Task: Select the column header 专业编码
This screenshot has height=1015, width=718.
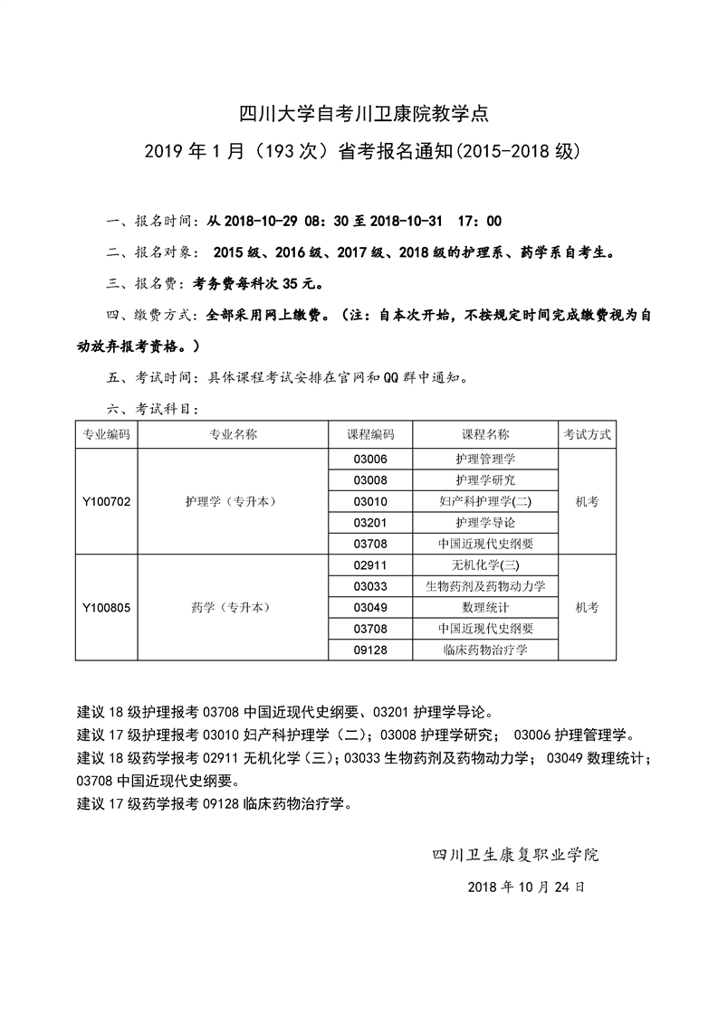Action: (106, 434)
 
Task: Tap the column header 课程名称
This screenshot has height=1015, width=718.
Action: (485, 434)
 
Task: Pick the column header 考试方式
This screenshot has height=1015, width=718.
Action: (587, 434)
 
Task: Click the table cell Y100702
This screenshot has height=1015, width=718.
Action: (106, 501)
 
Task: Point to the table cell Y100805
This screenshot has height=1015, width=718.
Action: (106, 607)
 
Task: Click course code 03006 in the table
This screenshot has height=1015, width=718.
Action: (370, 459)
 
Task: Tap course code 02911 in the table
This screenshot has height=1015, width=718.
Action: (370, 564)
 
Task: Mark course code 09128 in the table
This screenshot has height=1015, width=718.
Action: (370, 650)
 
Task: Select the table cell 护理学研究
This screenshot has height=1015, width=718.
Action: (485, 479)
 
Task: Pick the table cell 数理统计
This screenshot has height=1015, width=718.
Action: (485, 607)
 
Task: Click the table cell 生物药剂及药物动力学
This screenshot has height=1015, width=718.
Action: (485, 586)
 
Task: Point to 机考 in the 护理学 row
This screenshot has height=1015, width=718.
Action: (587, 501)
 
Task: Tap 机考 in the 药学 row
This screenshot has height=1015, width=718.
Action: (587, 607)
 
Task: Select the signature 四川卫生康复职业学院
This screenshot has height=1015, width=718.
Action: (516, 854)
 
